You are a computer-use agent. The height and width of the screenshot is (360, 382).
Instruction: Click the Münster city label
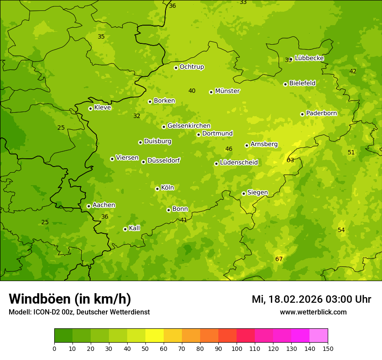coord(227,91)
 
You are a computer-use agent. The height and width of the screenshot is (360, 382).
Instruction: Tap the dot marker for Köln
coord(157,189)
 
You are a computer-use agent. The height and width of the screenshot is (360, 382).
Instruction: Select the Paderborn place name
coord(321,113)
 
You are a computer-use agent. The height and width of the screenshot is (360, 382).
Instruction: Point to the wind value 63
coord(290,160)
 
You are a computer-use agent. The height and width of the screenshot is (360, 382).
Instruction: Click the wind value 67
coord(279,259)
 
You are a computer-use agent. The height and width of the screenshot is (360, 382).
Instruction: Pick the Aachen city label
coord(104,205)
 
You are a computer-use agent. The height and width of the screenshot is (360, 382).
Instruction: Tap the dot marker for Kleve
coord(90,108)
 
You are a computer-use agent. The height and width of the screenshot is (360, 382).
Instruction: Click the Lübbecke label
coord(309,58)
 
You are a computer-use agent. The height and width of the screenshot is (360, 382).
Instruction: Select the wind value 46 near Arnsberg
coord(229,149)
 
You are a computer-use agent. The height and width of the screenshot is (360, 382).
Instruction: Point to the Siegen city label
coord(257,193)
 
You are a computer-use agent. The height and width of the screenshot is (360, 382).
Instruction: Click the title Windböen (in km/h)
coord(70,299)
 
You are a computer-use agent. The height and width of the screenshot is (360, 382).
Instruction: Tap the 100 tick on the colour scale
coord(237,348)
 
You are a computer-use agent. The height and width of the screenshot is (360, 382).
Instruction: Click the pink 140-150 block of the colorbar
coord(319,336)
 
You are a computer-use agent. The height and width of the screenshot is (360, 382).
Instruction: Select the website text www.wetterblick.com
coord(313,312)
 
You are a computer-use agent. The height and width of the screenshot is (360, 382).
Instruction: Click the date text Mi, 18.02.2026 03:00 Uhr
coord(311,299)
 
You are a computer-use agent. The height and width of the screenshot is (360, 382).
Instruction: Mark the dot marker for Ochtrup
coord(176,68)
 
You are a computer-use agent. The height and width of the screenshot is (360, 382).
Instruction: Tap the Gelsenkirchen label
coord(189,126)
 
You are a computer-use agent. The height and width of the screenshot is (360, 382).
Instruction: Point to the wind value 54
coord(341,230)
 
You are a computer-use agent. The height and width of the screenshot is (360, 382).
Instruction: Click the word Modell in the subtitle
coord(20,312)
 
